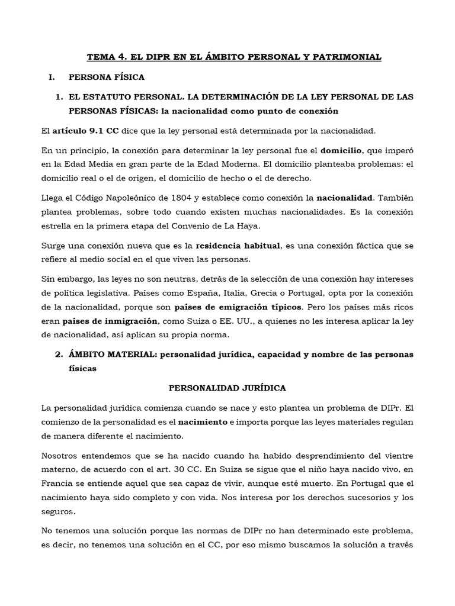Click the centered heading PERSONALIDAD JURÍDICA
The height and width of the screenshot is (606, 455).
pos(227,388)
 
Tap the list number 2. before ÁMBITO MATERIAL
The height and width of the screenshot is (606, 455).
pos(59,355)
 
